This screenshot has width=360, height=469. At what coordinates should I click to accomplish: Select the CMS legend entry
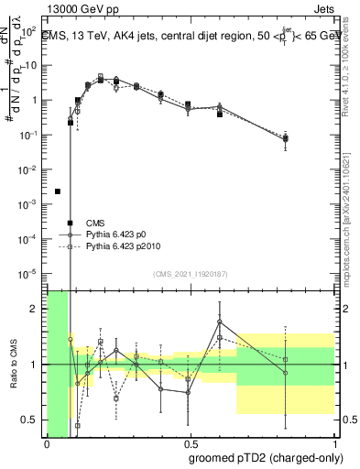point(95,223)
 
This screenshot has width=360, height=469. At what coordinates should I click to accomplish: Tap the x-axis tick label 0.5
point(191,444)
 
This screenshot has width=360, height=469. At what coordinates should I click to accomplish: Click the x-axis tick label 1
point(334,444)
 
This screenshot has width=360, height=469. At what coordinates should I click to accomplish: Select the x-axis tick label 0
point(47,444)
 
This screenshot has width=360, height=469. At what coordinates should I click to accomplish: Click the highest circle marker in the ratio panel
point(220,322)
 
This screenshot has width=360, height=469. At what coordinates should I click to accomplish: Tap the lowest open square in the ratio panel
point(78,426)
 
